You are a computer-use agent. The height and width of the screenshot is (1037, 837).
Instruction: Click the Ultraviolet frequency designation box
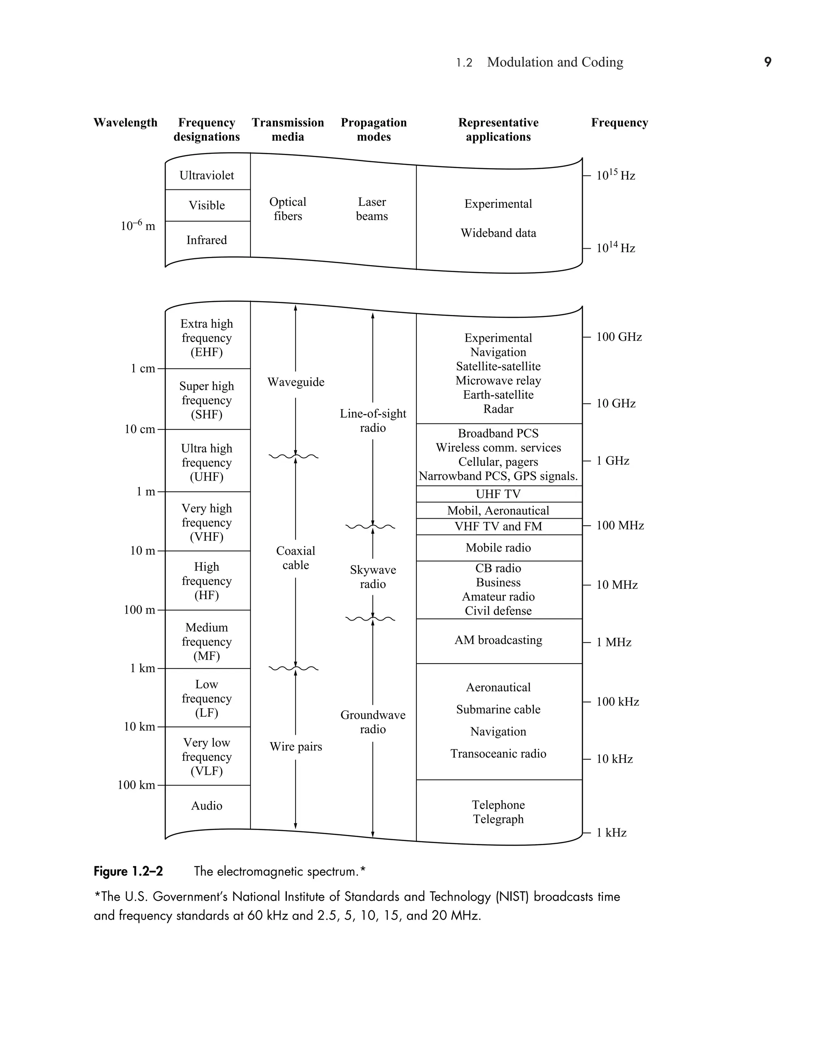pyautogui.click(x=207, y=175)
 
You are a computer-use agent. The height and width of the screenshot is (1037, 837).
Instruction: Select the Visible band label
pyautogui.click(x=207, y=205)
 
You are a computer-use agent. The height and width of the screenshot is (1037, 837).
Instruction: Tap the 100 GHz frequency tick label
pyautogui.click(x=619, y=337)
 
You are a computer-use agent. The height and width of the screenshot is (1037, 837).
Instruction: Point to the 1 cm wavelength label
pyautogui.click(x=143, y=369)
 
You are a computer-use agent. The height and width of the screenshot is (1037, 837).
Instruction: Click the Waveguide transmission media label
pyautogui.click(x=295, y=382)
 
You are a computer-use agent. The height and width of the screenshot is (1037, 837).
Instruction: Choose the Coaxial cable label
pyautogui.click(x=295, y=558)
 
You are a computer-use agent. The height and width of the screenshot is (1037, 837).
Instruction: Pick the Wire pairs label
pyautogui.click(x=295, y=747)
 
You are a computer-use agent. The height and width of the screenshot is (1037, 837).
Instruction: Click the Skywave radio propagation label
pyautogui.click(x=373, y=577)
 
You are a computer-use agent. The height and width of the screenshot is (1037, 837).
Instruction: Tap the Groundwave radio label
pyautogui.click(x=373, y=722)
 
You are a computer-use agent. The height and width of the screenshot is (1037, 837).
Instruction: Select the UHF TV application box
pyautogui.click(x=499, y=494)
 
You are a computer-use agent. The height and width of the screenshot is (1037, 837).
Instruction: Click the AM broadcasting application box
pyautogui.click(x=499, y=640)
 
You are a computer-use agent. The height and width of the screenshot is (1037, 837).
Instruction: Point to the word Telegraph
pyautogui.click(x=499, y=819)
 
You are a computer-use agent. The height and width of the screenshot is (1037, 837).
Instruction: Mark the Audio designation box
pyautogui.click(x=207, y=805)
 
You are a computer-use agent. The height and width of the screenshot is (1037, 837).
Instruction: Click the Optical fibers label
pyautogui.click(x=288, y=209)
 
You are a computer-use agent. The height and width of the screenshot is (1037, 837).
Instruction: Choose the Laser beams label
pyautogui.click(x=372, y=209)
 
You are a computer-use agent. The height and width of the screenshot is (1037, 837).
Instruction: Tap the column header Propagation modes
pyautogui.click(x=374, y=129)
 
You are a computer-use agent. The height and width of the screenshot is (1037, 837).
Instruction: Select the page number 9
pyautogui.click(x=768, y=62)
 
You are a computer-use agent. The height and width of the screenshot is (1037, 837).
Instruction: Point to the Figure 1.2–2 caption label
pyautogui.click(x=128, y=871)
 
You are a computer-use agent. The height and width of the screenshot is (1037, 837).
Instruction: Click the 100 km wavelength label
pyautogui.click(x=137, y=785)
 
